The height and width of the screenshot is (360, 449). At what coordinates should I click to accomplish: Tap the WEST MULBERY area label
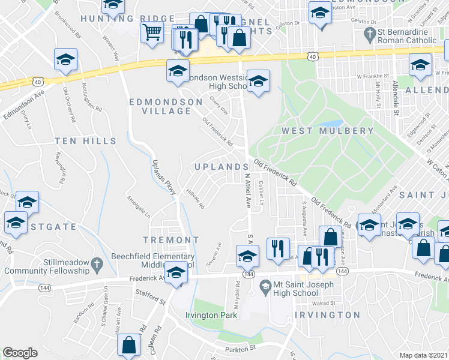pos(328,131)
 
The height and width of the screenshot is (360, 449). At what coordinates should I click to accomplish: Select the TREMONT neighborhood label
pos(170,240)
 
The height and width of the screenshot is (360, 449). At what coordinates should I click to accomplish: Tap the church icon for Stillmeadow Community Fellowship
pos(96,263)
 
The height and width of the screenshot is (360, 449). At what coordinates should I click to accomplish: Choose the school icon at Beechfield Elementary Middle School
pos(176,274)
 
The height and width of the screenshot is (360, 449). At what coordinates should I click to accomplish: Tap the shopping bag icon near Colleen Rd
pos(129,346)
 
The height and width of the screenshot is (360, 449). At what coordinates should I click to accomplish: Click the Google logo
pos(20,353)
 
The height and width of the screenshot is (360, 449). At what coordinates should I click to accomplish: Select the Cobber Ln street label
pos(262,193)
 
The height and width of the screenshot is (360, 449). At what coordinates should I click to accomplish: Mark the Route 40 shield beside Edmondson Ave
pos(38,81)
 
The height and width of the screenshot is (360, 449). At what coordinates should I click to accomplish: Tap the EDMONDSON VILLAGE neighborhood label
pos(166,107)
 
